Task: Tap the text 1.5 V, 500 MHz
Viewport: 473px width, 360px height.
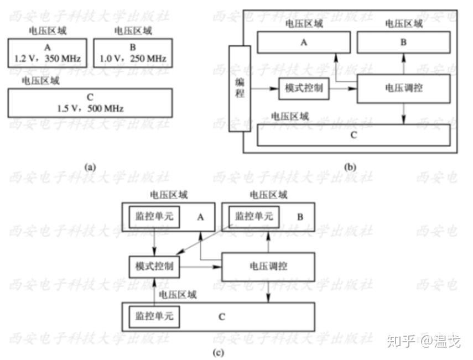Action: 90,108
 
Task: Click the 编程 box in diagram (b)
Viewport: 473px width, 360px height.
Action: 240,89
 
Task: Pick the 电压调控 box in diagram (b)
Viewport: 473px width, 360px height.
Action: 403,88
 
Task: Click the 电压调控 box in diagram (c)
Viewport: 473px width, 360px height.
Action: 268,267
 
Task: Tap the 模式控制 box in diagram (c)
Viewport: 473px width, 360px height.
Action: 154,267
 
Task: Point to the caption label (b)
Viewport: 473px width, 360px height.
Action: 350,166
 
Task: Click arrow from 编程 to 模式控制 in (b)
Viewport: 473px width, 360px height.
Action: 264,88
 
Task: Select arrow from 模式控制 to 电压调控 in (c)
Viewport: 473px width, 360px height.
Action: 200,267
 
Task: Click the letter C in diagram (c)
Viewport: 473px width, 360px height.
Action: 221,317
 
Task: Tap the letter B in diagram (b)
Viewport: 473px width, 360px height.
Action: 403,41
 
